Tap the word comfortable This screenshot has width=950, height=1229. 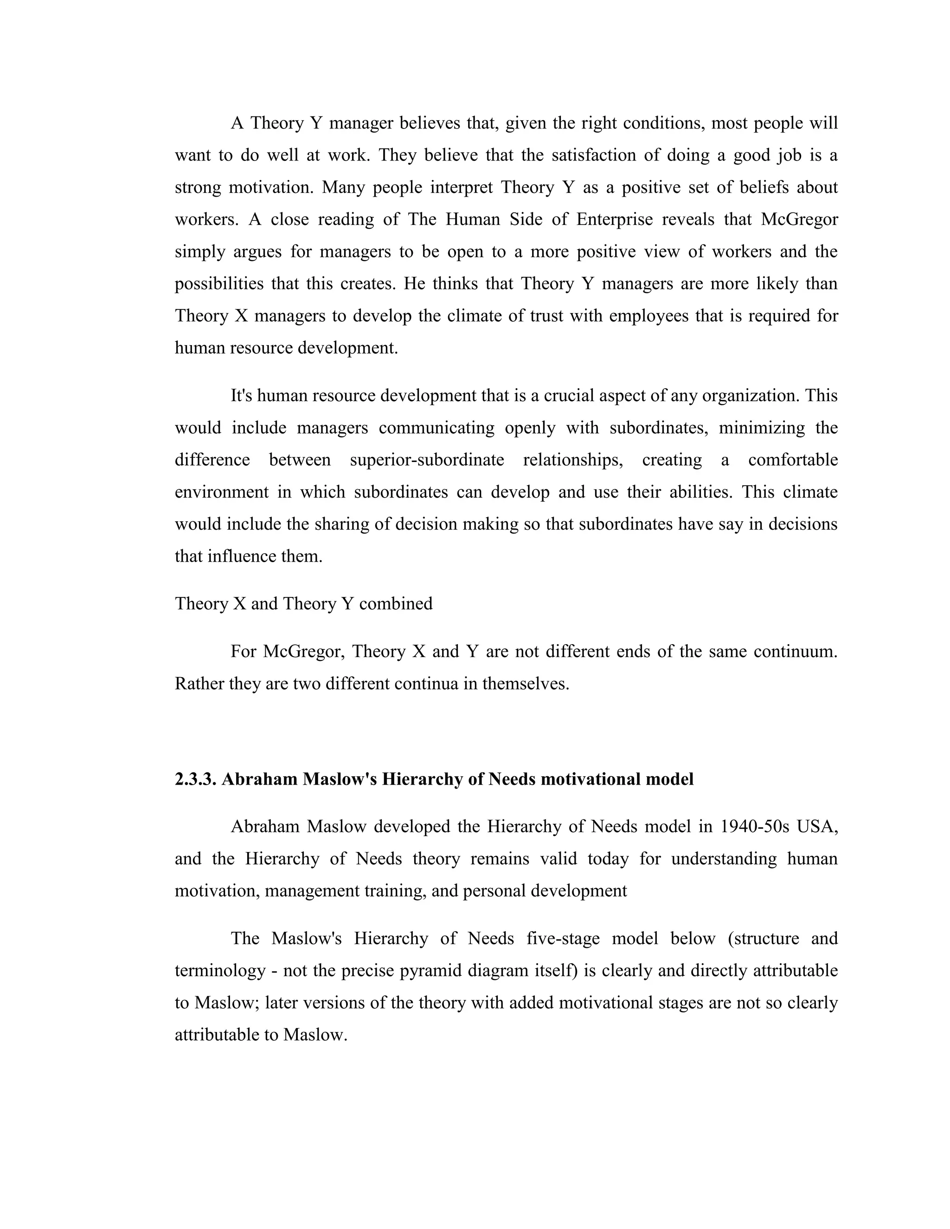point(792,461)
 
